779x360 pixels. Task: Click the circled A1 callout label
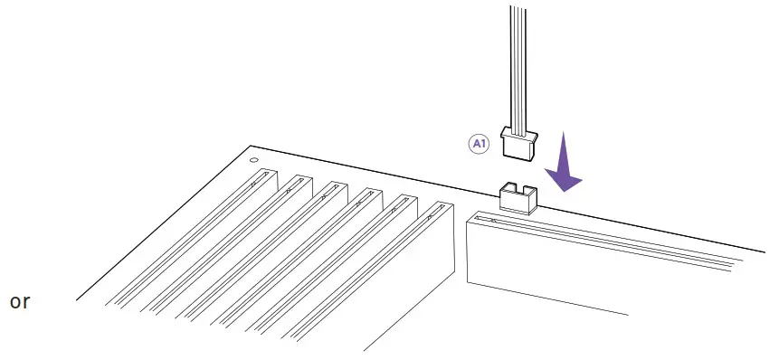(478, 144)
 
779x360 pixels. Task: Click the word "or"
(20, 302)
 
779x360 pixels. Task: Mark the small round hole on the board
(254, 162)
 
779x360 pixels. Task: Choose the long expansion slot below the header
(588, 262)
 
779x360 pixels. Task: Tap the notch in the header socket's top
(516, 188)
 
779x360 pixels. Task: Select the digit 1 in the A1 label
(482, 144)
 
